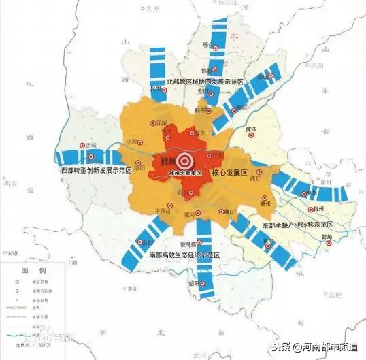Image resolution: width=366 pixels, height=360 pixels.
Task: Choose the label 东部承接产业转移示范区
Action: click(x=297, y=224)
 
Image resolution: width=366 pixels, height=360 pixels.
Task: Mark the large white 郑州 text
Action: click(x=165, y=161)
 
